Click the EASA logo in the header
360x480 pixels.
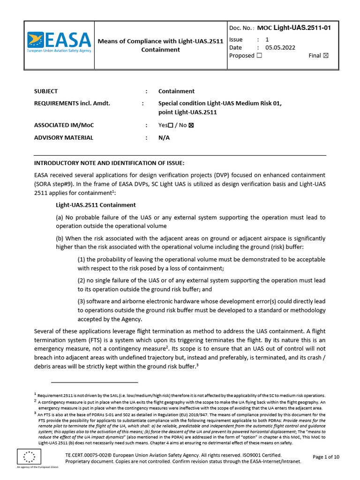(59, 45)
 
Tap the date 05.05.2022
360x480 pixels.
(280, 47)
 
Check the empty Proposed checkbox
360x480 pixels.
(259, 56)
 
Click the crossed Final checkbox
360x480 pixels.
(326, 56)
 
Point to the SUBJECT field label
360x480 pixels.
(46, 91)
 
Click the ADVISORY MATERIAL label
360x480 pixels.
(64, 138)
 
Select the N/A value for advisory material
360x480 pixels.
(164, 138)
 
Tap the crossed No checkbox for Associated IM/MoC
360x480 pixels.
(191, 126)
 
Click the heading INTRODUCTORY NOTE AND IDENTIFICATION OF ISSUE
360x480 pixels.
(110, 163)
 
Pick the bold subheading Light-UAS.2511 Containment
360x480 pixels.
(96, 205)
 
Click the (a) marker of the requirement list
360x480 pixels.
(60, 217)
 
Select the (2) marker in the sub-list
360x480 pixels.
(82, 280)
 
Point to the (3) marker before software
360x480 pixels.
(82, 301)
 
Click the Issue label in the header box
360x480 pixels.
(236, 40)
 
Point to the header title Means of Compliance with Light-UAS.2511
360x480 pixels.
(160, 41)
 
